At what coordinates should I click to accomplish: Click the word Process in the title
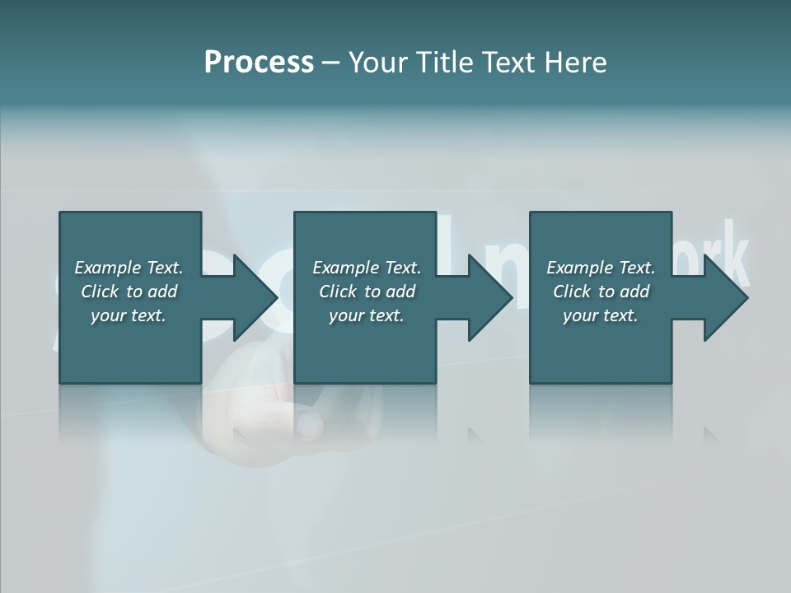click(259, 62)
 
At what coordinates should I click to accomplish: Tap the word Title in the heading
click(442, 62)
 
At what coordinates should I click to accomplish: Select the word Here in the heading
click(574, 62)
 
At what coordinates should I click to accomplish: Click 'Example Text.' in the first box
click(129, 268)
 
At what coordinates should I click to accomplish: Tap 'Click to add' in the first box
click(129, 292)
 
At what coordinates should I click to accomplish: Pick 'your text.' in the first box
click(129, 315)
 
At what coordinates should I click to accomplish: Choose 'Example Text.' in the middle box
click(366, 268)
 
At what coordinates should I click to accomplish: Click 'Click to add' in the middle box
click(366, 292)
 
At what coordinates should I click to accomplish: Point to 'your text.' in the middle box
click(366, 315)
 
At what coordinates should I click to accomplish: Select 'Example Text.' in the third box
click(601, 268)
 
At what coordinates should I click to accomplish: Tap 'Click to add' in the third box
click(601, 292)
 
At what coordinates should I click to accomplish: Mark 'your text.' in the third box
click(601, 315)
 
